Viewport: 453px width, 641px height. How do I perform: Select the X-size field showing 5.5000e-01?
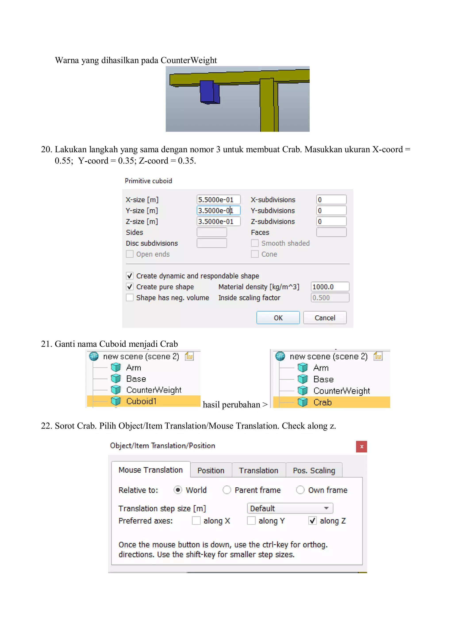[x=218, y=200]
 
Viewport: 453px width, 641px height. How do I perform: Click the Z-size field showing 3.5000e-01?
[x=218, y=221]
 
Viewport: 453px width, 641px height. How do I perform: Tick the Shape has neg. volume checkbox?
[x=130, y=298]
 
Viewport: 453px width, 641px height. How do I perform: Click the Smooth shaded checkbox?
[x=255, y=243]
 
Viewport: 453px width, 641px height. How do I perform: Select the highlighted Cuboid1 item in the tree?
[x=141, y=401]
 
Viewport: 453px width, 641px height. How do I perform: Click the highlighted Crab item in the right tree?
[x=322, y=402]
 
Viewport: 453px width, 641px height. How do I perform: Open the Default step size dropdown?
[x=290, y=508]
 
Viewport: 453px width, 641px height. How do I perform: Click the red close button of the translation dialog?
[x=361, y=447]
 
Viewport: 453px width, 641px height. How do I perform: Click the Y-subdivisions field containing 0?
[x=331, y=210]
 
